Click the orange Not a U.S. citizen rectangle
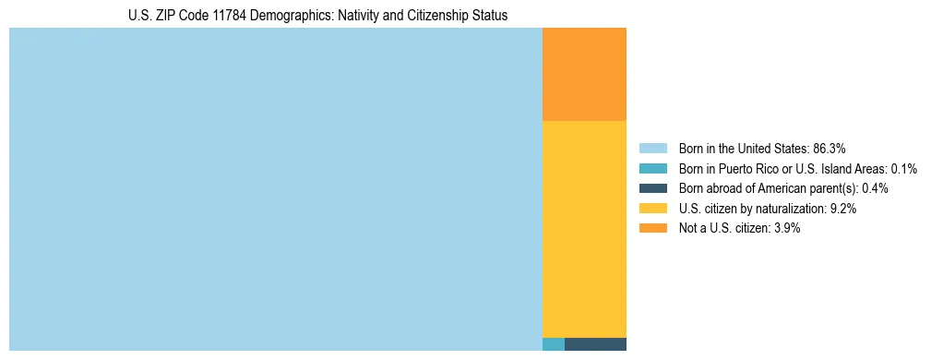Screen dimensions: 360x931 coord(584,74)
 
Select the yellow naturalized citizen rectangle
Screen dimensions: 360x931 coord(584,229)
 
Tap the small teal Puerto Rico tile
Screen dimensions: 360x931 coord(554,344)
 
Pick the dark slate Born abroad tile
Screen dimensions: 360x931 coord(595,344)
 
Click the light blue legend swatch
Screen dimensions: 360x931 coord(652,149)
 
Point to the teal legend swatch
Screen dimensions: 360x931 coord(652,169)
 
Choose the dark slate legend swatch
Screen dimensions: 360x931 coord(652,188)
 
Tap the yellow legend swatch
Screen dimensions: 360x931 coord(652,209)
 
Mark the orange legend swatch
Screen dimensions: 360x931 coord(652,229)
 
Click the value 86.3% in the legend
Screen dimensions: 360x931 coord(829,149)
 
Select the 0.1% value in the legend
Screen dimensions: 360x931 coord(904,169)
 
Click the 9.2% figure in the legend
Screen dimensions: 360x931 coord(843,209)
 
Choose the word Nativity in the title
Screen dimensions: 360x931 coord(356,16)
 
